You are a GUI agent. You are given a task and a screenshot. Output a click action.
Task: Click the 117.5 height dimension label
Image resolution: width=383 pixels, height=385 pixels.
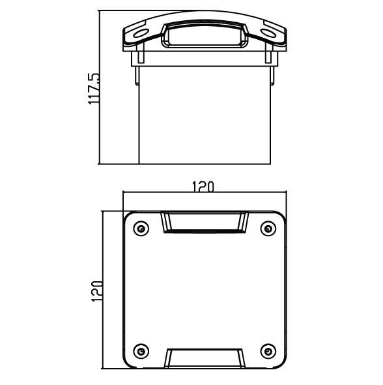click(94, 89)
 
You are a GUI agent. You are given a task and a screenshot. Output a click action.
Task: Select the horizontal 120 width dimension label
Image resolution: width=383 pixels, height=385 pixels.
click(203, 187)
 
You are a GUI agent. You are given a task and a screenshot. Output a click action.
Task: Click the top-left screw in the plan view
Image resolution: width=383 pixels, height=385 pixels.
click(140, 228)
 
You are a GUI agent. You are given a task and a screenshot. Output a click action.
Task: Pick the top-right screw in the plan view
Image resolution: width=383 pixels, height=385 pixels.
click(266, 228)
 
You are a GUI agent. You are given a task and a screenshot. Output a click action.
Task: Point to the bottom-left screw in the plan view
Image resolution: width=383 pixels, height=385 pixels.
click(140, 351)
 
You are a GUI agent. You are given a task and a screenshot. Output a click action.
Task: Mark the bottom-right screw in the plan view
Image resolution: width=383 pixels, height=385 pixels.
click(266, 351)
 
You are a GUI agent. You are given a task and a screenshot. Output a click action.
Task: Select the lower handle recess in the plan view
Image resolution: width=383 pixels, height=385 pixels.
click(204, 358)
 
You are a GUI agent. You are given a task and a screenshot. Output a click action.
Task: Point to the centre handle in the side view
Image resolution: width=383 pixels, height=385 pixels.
click(204, 34)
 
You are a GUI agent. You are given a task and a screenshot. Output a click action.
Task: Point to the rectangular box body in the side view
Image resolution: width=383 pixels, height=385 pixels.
click(204, 114)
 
